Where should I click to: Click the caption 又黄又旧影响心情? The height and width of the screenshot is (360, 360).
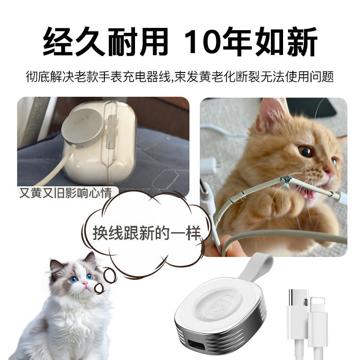pyautogui.click(x=65, y=193)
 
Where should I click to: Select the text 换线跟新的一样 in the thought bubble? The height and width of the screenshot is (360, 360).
pyautogui.click(x=147, y=233)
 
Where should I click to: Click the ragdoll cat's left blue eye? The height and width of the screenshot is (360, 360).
pyautogui.click(x=74, y=279)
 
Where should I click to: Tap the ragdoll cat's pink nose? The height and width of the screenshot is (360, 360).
pyautogui.click(x=85, y=284)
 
